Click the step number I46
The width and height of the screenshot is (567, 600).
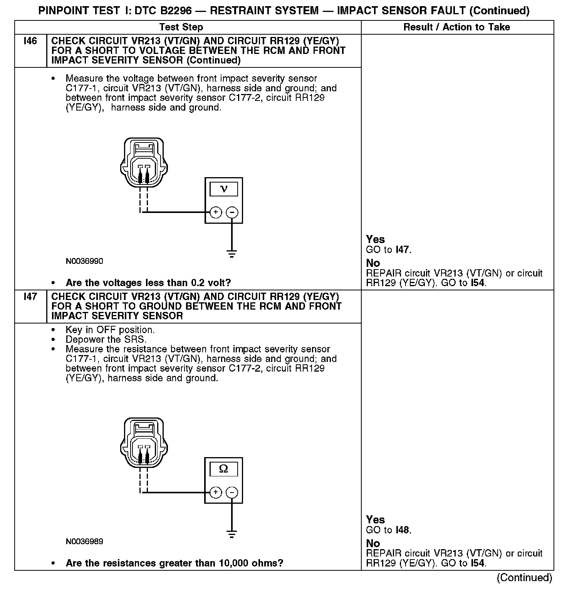pos(30,41)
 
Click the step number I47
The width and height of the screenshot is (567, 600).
pos(30,297)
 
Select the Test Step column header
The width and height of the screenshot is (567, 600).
pos(181,27)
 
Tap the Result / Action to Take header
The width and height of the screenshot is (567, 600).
pos(456,27)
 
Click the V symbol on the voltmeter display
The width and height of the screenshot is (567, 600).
pos(223,189)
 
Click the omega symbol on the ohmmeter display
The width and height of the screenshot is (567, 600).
pos(223,469)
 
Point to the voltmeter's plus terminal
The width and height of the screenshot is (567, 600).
pos(216,212)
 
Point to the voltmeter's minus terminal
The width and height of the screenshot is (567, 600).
pos(232,212)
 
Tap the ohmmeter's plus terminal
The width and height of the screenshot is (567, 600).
pos(216,492)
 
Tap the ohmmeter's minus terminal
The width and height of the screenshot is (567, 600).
pos(232,492)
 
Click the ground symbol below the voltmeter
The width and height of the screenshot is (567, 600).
pos(232,254)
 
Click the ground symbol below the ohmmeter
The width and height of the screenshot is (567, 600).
pos(232,534)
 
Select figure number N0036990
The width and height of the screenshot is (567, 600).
pos(84,261)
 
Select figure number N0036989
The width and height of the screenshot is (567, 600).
pos(84,541)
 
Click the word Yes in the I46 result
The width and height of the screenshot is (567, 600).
pos(375,239)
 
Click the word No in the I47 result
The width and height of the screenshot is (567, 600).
pos(373,543)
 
